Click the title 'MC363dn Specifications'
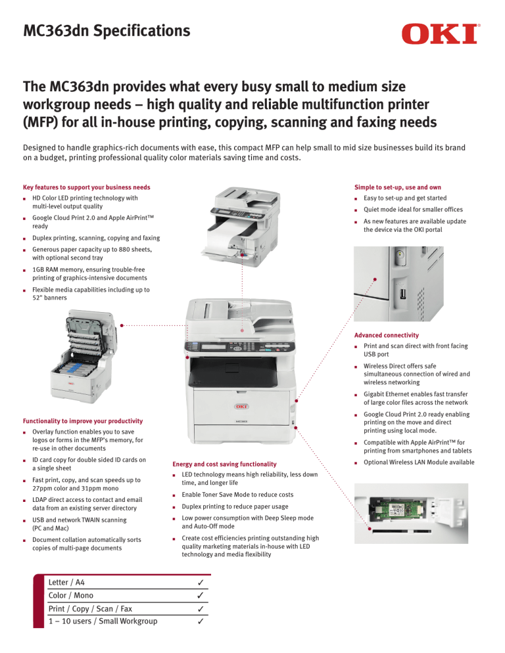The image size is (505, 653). tap(107, 30)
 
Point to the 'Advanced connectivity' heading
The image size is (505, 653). tap(387, 335)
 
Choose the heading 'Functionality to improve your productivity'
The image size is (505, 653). tap(91, 420)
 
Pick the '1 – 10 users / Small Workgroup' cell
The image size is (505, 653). tap(103, 621)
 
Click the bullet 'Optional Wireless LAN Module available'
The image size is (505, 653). tap(418, 462)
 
